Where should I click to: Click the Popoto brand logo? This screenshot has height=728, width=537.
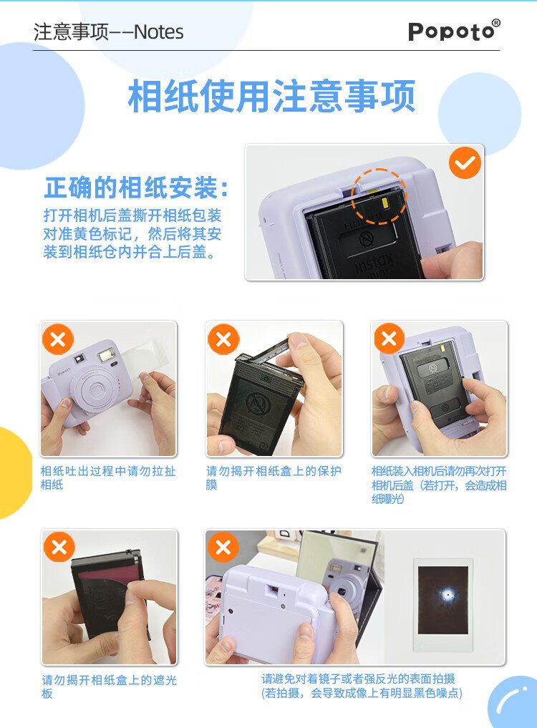click(x=454, y=30)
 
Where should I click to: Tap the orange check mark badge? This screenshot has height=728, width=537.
click(x=465, y=163)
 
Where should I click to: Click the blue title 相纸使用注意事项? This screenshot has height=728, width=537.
click(x=271, y=96)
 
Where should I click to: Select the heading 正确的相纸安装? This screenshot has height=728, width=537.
click(x=136, y=188)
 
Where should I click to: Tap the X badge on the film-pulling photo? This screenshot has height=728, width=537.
click(x=58, y=339)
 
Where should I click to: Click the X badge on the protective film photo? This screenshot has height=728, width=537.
click(x=223, y=339)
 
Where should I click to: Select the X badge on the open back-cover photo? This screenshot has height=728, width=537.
click(x=390, y=339)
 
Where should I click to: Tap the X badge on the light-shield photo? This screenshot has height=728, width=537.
click(x=59, y=546)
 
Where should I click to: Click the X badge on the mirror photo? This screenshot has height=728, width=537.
click(x=223, y=546)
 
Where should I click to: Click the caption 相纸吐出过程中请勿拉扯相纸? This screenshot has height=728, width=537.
click(x=108, y=477)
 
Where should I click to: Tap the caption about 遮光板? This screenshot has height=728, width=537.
click(x=109, y=686)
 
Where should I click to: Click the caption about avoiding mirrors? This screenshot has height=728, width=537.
click(x=362, y=686)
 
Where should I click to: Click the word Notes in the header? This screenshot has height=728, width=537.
click(x=159, y=32)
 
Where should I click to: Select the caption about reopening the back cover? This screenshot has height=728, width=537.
click(x=439, y=485)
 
